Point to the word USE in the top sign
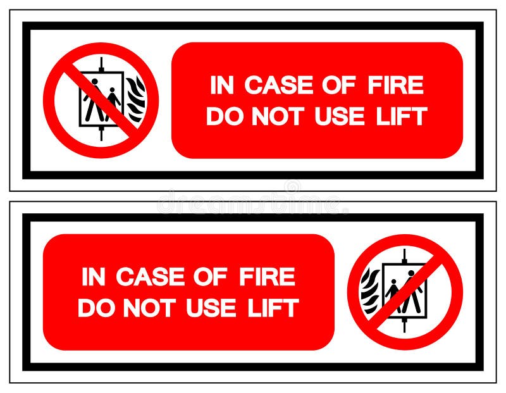coord(340,116)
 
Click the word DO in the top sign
coord(222,116)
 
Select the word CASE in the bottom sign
coord(150,277)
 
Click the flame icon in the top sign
coord(135,99)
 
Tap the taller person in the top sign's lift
coord(93,100)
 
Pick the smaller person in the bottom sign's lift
coord(393,294)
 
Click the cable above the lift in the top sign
coord(101,63)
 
